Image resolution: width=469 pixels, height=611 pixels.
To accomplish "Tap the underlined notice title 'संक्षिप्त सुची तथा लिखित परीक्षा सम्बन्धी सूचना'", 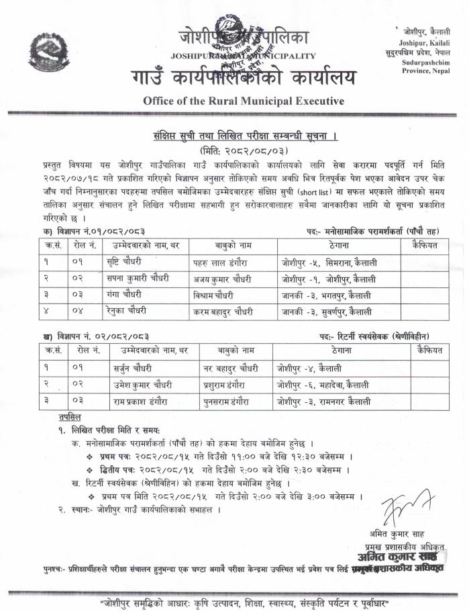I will (x=234, y=136).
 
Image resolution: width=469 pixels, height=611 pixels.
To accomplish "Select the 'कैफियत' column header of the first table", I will (x=421, y=246).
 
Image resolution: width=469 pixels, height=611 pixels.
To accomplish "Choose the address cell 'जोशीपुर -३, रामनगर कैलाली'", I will (x=323, y=402).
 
